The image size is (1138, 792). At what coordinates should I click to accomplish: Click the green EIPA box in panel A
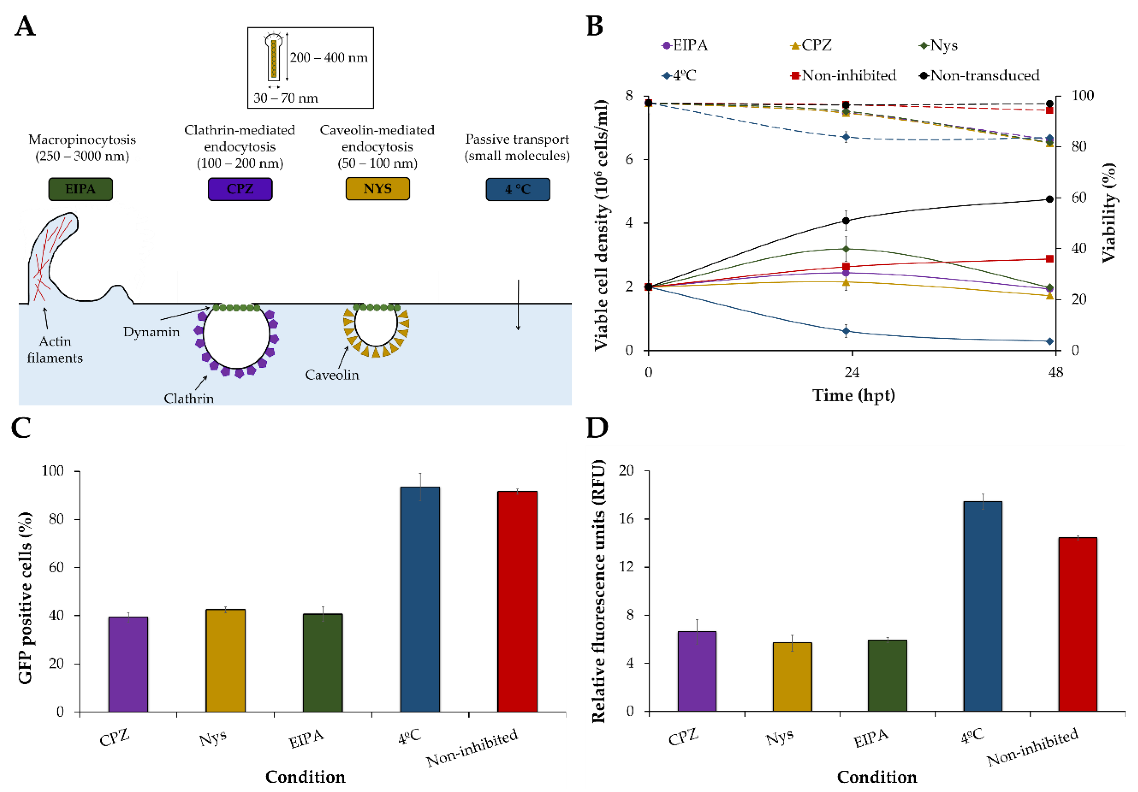[x=80, y=189]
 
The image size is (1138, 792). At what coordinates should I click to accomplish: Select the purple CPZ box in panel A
[x=240, y=189]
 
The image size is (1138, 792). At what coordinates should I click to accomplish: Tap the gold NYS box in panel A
[x=377, y=189]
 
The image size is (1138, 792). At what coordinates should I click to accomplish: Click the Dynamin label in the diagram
[x=151, y=331]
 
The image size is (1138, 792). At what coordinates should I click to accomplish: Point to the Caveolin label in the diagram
[x=332, y=375]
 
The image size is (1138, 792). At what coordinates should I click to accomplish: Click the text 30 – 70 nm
[x=286, y=98]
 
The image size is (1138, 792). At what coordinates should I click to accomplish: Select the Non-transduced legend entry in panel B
[x=984, y=75]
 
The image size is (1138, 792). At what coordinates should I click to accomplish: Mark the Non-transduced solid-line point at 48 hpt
[x=1049, y=199]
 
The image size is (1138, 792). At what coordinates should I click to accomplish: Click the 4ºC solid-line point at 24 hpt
[x=846, y=331]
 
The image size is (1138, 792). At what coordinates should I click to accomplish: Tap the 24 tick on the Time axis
[x=852, y=372]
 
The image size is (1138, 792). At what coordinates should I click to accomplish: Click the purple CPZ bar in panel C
[x=128, y=664]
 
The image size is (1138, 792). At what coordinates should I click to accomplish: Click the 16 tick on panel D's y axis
[x=627, y=519]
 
